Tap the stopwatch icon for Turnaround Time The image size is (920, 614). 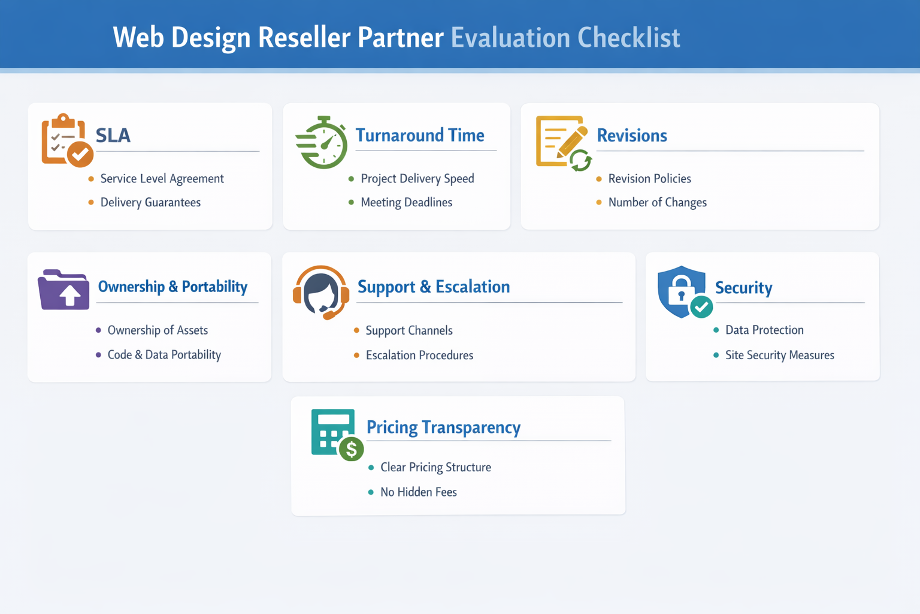tap(322, 143)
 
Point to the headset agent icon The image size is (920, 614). tap(321, 292)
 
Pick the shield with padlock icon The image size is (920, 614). tap(683, 291)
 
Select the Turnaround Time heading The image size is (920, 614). tap(420, 135)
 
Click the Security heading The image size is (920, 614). tap(743, 288)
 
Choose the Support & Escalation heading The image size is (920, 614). tap(434, 287)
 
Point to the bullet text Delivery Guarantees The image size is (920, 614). tap(150, 203)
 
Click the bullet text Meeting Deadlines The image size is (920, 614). tap(406, 203)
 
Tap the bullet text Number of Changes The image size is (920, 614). tap(657, 203)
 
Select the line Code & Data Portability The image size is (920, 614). tap(164, 355)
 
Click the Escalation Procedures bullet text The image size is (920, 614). tap(419, 356)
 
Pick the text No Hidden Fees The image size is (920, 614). tap(418, 492)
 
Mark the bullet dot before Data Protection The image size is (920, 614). tap(716, 330)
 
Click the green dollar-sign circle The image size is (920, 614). tap(352, 449)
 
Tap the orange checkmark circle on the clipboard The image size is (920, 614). tap(80, 154)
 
